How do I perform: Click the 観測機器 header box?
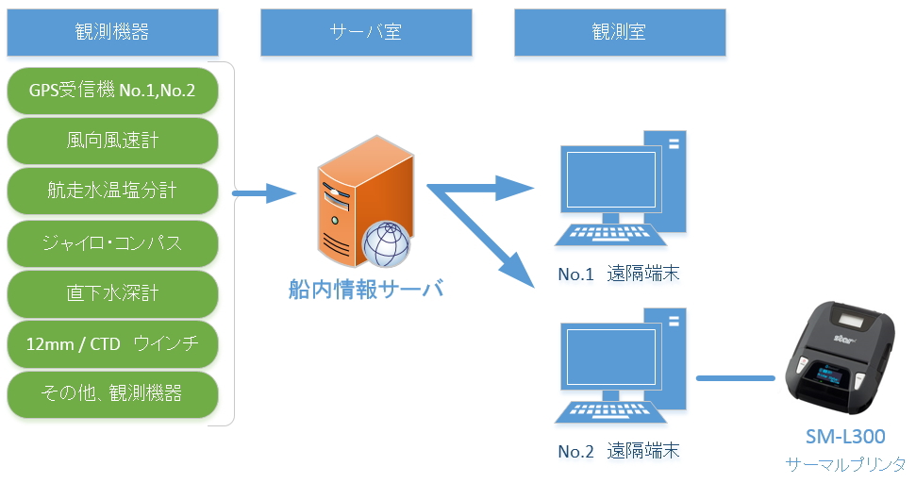(x=112, y=32)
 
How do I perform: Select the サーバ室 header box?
(x=366, y=32)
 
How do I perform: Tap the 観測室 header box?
(x=619, y=32)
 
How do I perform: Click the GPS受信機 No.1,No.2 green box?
(x=112, y=92)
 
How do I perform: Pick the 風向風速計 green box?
(x=112, y=142)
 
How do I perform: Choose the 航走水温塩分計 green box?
(x=112, y=192)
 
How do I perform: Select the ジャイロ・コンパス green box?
(x=112, y=242)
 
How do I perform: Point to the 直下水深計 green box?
(x=112, y=293)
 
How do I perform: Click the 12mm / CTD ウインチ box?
(x=112, y=343)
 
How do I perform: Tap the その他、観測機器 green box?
(x=112, y=393)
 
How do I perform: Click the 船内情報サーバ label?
(x=366, y=289)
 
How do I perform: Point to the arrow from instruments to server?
(x=264, y=193)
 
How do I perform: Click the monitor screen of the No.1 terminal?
(x=608, y=179)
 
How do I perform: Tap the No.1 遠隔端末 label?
(x=618, y=275)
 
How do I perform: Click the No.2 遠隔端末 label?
(x=618, y=451)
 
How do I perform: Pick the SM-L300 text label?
(x=845, y=436)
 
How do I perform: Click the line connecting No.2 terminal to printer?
(x=735, y=378)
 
